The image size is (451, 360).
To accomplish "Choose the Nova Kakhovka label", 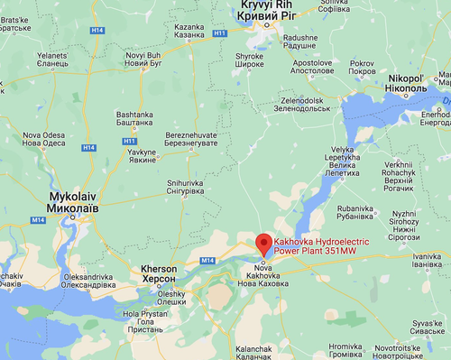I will tap(263, 278).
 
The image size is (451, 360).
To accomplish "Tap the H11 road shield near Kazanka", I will tap(219, 33).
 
